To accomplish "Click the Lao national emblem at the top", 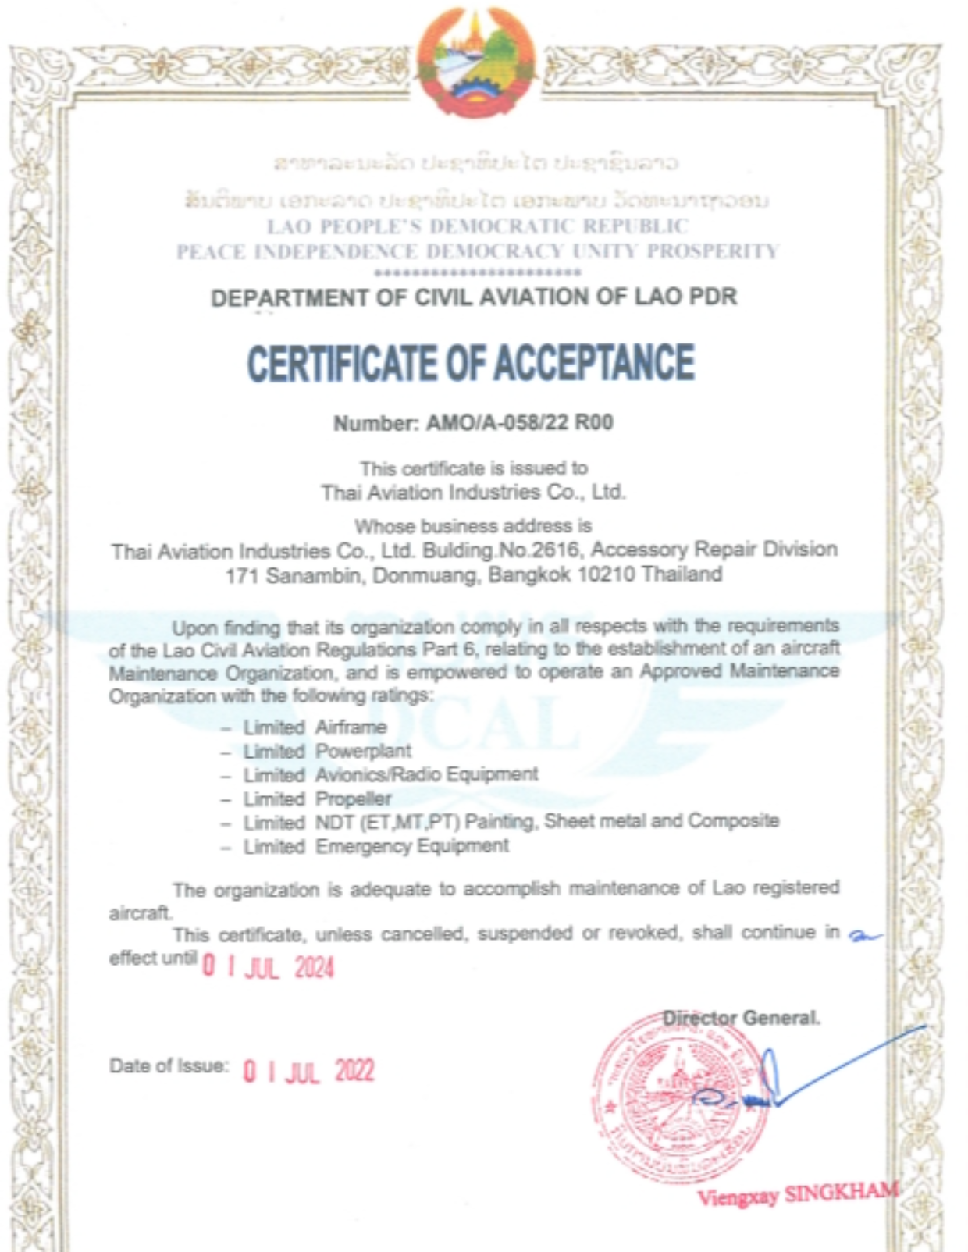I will (x=475, y=62).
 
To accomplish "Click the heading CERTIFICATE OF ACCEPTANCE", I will (x=471, y=363).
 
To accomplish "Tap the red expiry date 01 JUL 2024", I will (x=268, y=967).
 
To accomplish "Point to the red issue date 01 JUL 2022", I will (x=308, y=1070).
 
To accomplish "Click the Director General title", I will (x=741, y=1018).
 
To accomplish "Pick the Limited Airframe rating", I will (x=315, y=727).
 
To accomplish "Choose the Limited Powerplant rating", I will (x=327, y=752).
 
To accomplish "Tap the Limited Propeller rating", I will (x=317, y=799).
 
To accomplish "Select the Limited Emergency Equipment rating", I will (x=375, y=846).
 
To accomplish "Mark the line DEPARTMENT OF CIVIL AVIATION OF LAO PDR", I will (x=474, y=297).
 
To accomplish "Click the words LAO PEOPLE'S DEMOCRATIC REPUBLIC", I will (x=478, y=226).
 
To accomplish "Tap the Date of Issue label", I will (x=169, y=1066).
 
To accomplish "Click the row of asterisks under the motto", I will (x=478, y=272).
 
